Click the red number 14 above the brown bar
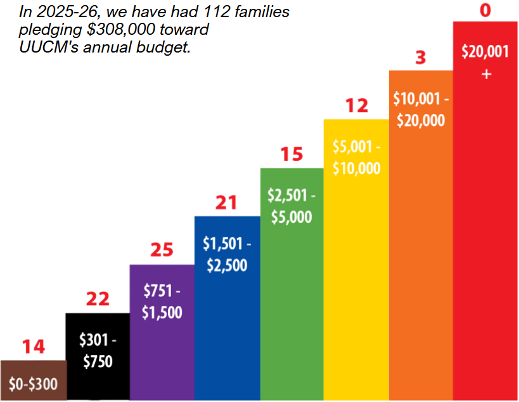(x=34, y=347)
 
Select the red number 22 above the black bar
(x=98, y=299)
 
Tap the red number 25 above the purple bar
(x=162, y=250)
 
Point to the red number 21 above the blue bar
(x=226, y=203)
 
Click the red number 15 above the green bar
(x=292, y=154)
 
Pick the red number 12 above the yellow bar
(x=357, y=106)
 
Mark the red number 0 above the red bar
(x=485, y=11)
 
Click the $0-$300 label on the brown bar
(x=34, y=384)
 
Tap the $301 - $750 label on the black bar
(x=98, y=351)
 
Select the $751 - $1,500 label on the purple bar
(x=162, y=302)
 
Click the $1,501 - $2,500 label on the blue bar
(x=227, y=254)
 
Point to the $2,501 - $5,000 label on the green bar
(x=292, y=206)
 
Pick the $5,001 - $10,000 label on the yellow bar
(x=356, y=158)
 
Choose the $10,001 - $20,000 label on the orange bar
(x=421, y=110)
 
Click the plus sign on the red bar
(x=486, y=74)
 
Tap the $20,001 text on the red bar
(x=485, y=53)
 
